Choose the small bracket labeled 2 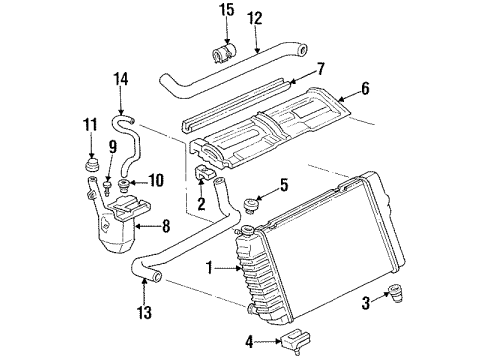point(208,177)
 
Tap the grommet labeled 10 point(124,184)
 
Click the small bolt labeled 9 point(104,182)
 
